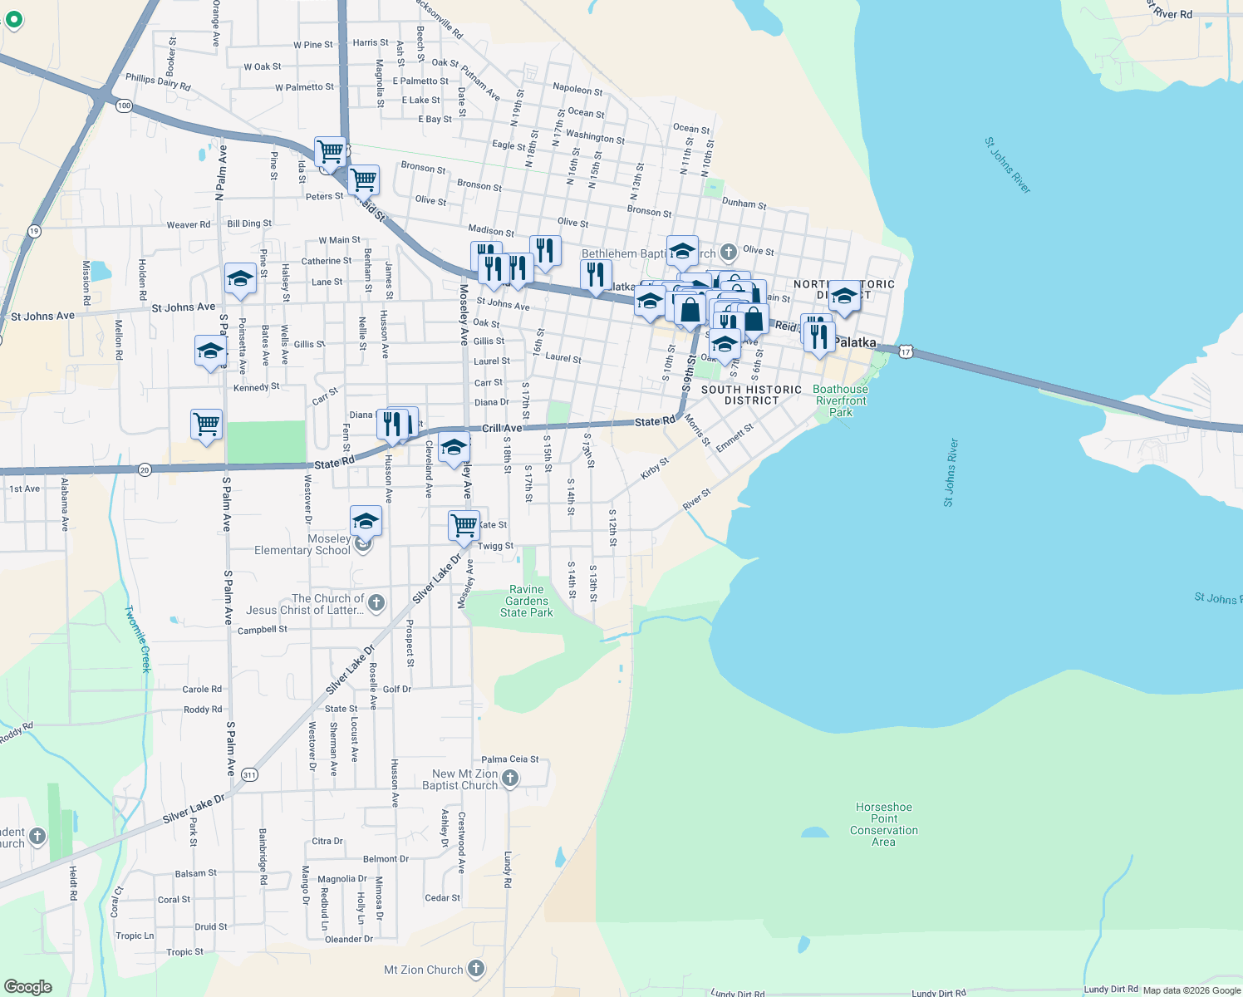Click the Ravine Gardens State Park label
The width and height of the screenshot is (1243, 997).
click(x=527, y=601)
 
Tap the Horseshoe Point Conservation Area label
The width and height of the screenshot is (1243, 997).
click(x=883, y=824)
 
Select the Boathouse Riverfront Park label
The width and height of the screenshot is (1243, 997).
click(x=840, y=400)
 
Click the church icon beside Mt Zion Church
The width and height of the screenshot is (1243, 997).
click(x=476, y=968)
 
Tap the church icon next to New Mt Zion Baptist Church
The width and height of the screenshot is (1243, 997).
click(x=510, y=778)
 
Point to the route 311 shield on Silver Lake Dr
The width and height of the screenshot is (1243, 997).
click(x=249, y=774)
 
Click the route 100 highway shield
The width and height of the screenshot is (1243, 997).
click(x=125, y=106)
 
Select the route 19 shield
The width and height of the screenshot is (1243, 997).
click(x=34, y=231)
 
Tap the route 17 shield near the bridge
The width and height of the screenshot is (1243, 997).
click(x=906, y=352)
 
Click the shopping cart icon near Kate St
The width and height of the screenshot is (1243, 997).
click(x=464, y=524)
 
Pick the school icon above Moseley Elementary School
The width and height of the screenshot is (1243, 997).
click(x=366, y=521)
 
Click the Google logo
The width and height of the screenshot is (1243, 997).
click(x=28, y=986)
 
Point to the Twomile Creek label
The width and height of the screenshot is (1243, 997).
click(x=139, y=638)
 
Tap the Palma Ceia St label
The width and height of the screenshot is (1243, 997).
click(x=509, y=759)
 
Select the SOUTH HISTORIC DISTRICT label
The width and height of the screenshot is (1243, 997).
click(x=751, y=395)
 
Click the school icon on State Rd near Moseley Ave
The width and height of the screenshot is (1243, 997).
click(x=454, y=448)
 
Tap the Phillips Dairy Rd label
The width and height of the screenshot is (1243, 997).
click(x=158, y=81)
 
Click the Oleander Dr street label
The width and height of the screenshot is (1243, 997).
click(x=349, y=939)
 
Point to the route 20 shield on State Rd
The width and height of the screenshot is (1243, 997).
click(x=145, y=470)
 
